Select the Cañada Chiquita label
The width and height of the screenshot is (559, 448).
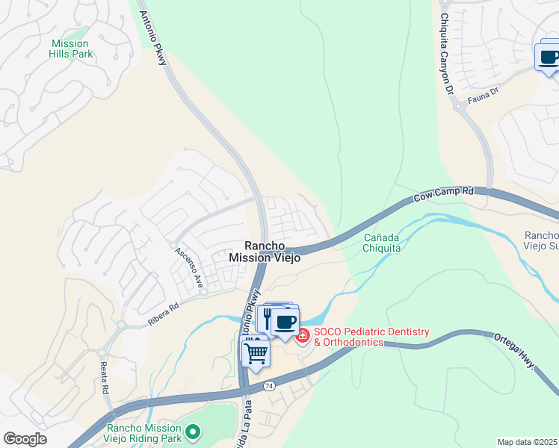pos(382,243)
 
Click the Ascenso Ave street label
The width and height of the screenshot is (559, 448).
pos(189,267)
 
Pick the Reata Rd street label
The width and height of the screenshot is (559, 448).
pos(105,376)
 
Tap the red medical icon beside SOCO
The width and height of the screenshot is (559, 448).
pos(303,336)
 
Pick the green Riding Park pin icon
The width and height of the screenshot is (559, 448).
pos(194,431)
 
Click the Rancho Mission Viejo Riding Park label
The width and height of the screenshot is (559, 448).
pos(144,433)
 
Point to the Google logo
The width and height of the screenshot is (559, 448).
pos(25,439)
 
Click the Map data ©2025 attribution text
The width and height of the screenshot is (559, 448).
pos(527,442)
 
